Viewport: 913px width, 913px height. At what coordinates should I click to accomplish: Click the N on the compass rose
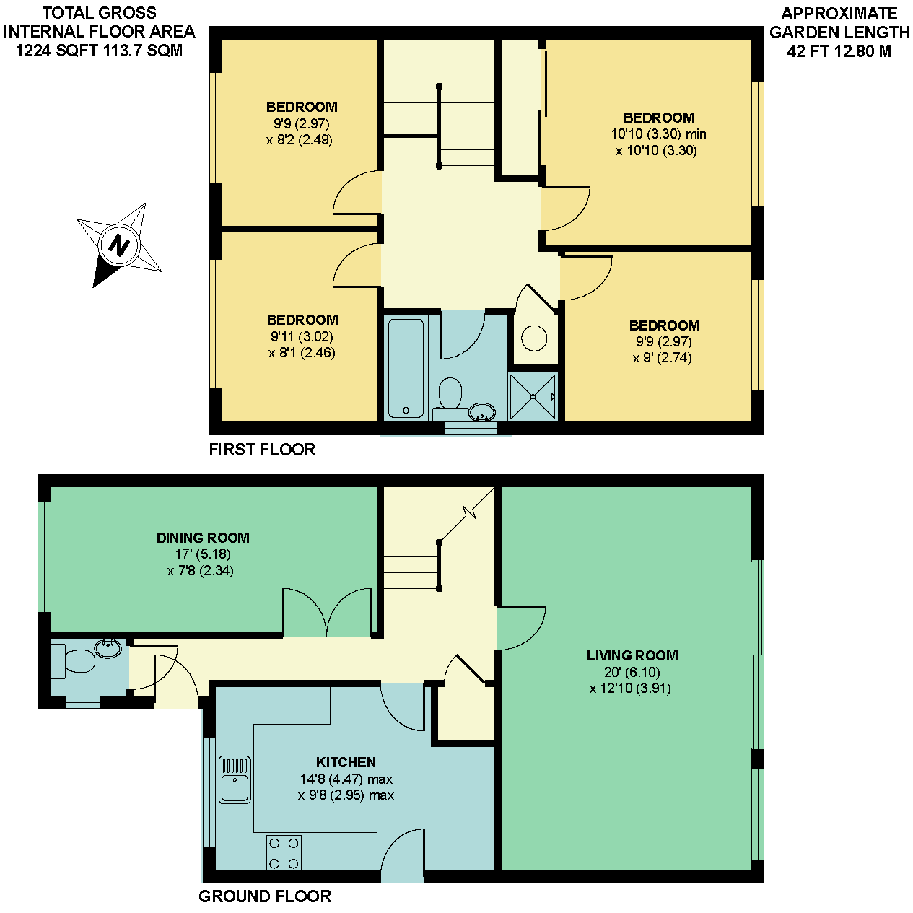coord(119,245)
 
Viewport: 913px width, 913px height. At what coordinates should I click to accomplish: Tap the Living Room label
coord(632,655)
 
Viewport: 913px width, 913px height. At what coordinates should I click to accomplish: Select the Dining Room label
coord(203,538)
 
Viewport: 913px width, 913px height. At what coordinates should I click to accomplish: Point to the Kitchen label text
coord(346,762)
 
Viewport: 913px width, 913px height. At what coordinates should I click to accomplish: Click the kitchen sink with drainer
coord(235,779)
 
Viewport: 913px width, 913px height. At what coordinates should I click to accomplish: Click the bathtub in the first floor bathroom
coord(406,368)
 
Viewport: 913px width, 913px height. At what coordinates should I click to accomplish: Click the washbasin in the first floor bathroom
coord(482,412)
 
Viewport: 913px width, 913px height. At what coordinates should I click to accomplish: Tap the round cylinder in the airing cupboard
coord(534,338)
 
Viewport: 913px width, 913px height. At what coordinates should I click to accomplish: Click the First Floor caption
coord(263,450)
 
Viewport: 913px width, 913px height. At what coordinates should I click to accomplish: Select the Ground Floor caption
coord(265,896)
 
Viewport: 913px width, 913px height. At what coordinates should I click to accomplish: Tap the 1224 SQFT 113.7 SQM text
coord(99,51)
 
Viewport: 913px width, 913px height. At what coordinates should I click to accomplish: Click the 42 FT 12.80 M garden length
coord(839,51)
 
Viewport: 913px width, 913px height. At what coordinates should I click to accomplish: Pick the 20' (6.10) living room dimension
coord(632,672)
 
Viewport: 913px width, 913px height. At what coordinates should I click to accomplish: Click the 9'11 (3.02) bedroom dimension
coord(302,336)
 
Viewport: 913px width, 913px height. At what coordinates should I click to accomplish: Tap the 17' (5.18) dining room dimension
coord(203,554)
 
